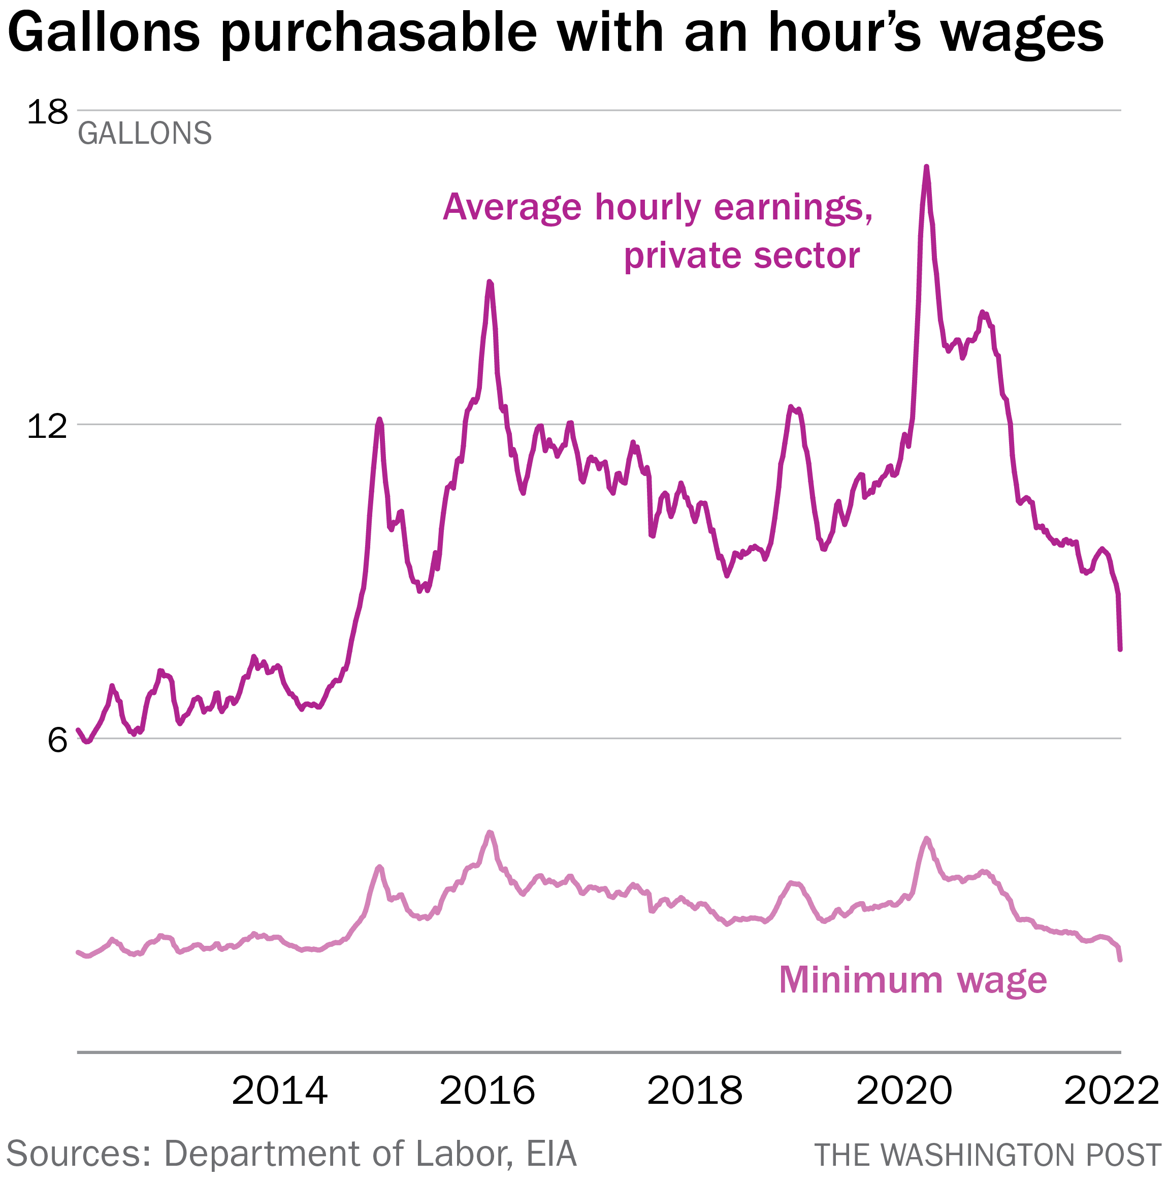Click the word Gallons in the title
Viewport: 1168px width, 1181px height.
tap(104, 34)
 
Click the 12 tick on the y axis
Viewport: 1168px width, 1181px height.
tap(47, 426)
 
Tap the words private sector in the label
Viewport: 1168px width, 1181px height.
tap(741, 256)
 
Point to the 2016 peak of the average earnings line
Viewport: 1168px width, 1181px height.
tap(490, 282)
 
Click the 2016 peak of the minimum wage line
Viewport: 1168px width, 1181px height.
tap(490, 833)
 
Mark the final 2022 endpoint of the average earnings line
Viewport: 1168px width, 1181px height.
tap(1120, 649)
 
